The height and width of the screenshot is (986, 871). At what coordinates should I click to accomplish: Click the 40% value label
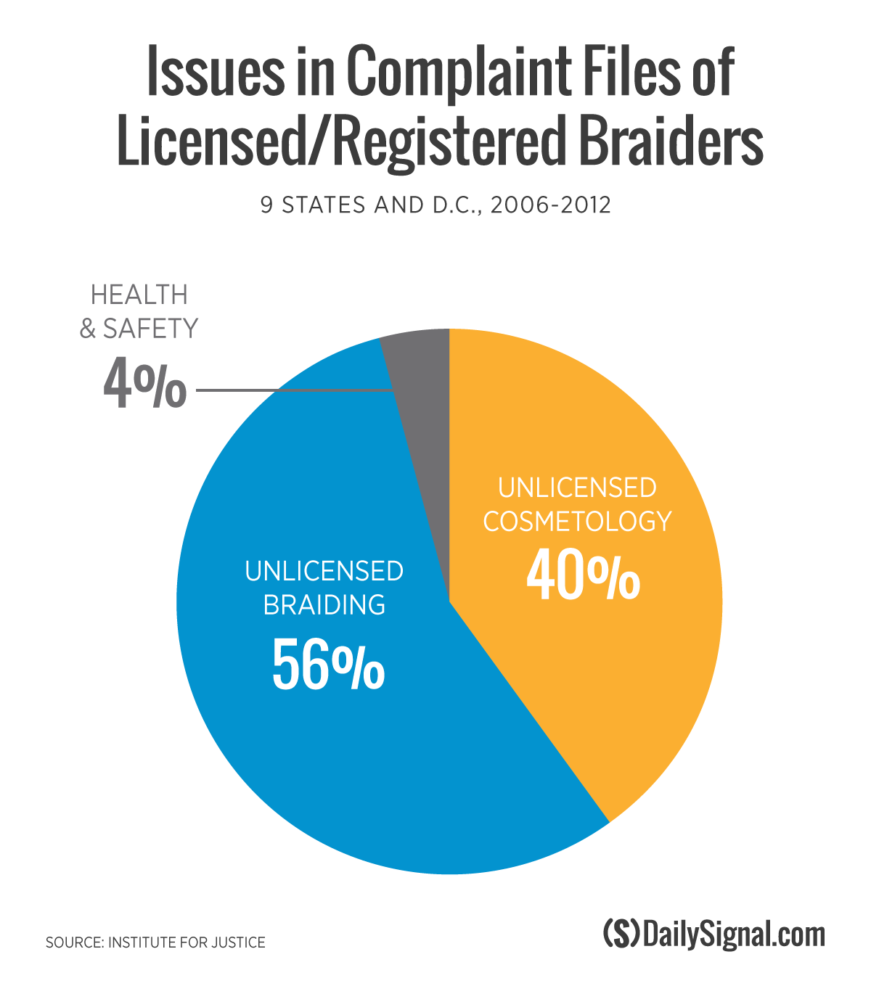(583, 575)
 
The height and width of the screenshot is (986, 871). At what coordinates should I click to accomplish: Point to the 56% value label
(328, 663)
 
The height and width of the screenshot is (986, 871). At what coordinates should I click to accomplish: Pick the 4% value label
(144, 385)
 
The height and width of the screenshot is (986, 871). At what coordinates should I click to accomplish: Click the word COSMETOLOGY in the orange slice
(577, 521)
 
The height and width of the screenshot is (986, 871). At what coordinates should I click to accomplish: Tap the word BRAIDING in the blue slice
(324, 604)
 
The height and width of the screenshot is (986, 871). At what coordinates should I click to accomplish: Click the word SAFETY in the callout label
(150, 329)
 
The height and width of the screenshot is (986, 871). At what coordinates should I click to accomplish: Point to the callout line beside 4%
(290, 390)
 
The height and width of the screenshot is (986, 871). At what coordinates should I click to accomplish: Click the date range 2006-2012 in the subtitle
(550, 205)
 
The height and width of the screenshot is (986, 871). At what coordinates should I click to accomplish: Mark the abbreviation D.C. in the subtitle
(450, 205)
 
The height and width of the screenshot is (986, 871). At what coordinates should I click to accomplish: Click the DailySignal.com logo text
(734, 934)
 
